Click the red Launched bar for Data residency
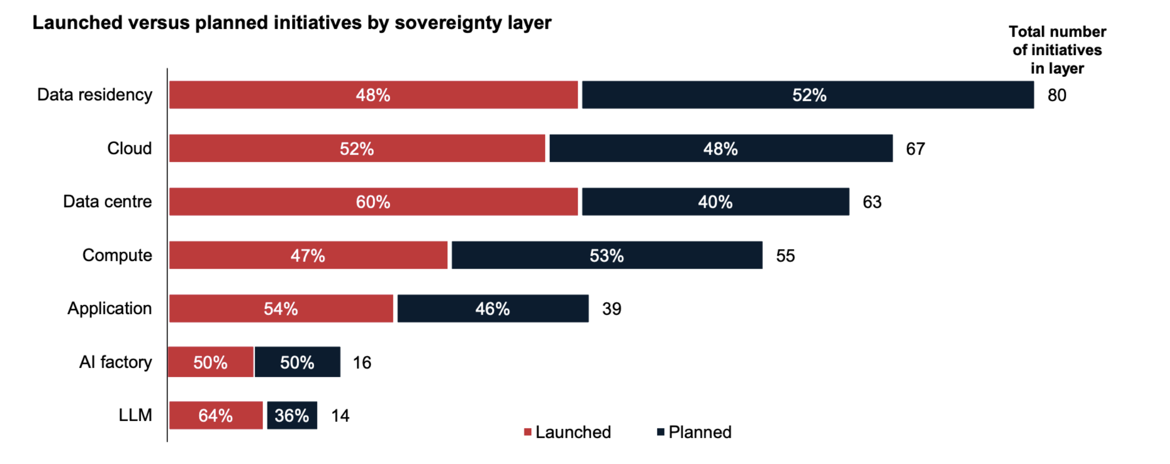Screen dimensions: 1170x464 pyautogui.click(x=373, y=95)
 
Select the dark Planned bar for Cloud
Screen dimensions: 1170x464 pyautogui.click(x=721, y=148)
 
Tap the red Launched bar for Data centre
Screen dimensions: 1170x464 pyautogui.click(x=373, y=202)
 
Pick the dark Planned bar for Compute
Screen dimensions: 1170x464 pyautogui.click(x=607, y=255)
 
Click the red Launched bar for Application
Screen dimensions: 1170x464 pyautogui.click(x=281, y=308)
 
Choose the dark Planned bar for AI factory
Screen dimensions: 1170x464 pyautogui.click(x=297, y=362)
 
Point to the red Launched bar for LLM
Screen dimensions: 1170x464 pyautogui.click(x=216, y=415)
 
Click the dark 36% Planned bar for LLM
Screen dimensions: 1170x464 pyautogui.click(x=292, y=415)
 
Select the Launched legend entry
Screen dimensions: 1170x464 pyautogui.click(x=567, y=432)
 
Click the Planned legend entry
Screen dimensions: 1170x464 pyautogui.click(x=694, y=432)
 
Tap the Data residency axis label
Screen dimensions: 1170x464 pyautogui.click(x=94, y=95)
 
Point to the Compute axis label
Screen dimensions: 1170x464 pyautogui.click(x=117, y=255)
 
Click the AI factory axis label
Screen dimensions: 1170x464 pyautogui.click(x=116, y=362)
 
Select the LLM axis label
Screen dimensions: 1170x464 pyautogui.click(x=135, y=415)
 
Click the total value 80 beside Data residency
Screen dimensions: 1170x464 pyautogui.click(x=1057, y=95)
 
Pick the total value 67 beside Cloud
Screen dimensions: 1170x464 pyautogui.click(x=915, y=149)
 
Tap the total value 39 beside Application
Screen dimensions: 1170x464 pyautogui.click(x=612, y=309)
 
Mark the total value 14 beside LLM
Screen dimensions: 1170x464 pyautogui.click(x=340, y=415)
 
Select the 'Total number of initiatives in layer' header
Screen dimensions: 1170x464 pyautogui.click(x=1057, y=50)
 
